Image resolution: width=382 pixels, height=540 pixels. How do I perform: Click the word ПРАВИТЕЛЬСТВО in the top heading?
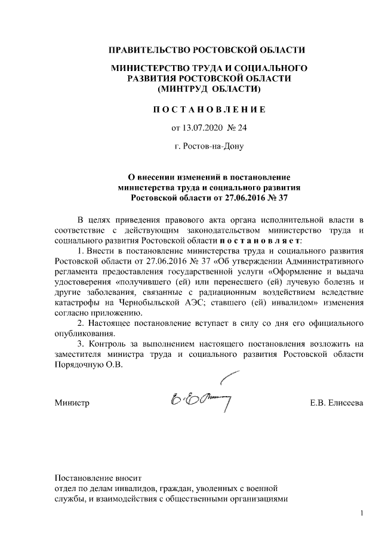146,49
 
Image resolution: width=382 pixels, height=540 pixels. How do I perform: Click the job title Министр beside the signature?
72,404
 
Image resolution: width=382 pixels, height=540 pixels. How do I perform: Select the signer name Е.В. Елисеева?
336,404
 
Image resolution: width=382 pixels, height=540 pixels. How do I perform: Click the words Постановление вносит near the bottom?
98,477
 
